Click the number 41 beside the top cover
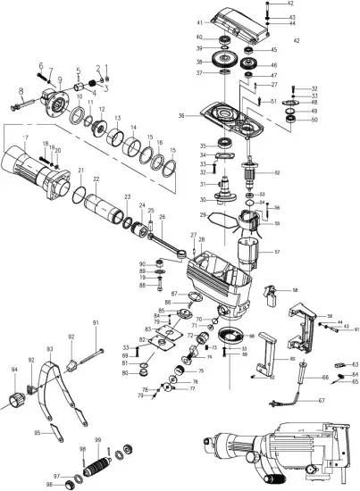point(199,21)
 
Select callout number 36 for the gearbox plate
point(182,115)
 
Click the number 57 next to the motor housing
point(276,253)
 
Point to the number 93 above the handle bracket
point(50,349)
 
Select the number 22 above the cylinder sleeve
point(96,179)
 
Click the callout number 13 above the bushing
point(117,118)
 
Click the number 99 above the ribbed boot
point(97,441)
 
